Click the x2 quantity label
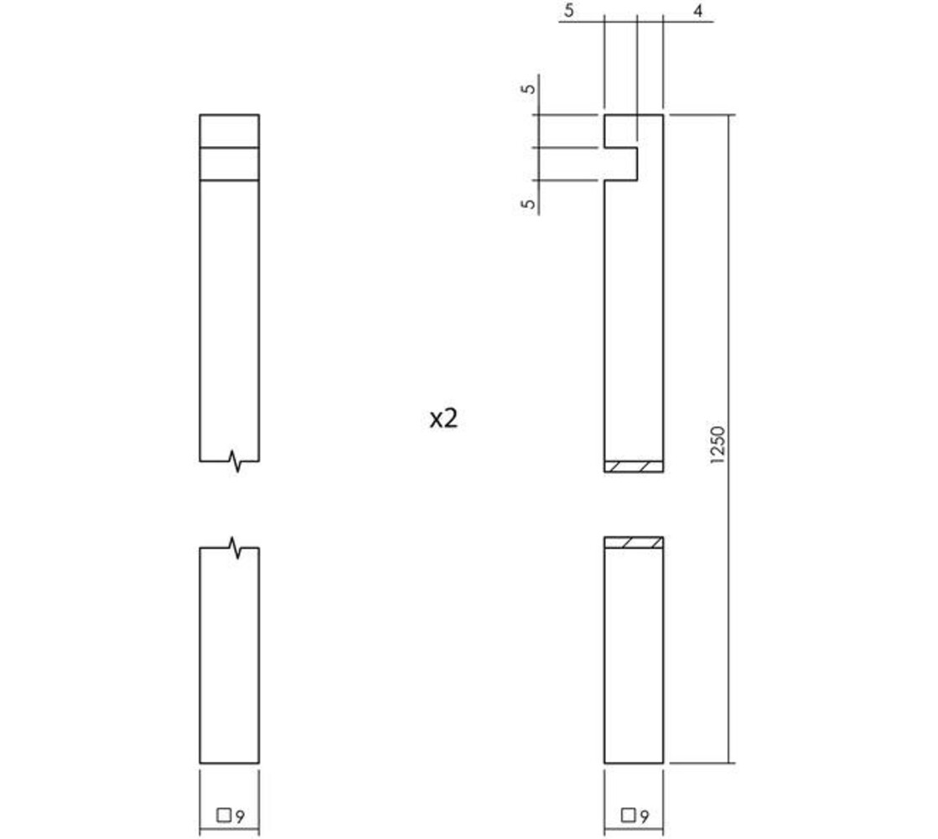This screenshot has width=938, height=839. click(x=443, y=418)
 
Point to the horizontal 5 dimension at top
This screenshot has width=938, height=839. click(x=570, y=12)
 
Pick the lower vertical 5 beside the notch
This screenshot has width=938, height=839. click(x=529, y=204)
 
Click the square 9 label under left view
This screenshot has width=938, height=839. click(x=230, y=815)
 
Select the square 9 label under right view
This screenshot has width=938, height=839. click(x=635, y=815)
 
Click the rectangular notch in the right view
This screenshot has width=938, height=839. click(x=621, y=164)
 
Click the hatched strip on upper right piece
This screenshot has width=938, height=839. click(x=635, y=466)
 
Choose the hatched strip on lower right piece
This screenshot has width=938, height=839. click(x=635, y=543)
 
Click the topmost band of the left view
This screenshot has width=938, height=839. click(x=230, y=131)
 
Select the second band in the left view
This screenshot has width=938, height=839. click(x=230, y=164)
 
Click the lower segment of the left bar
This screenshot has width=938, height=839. click(x=230, y=654)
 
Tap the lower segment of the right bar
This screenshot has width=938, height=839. click(x=635, y=654)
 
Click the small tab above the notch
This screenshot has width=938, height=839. click(x=621, y=131)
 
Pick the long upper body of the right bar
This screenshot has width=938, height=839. click(x=635, y=319)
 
